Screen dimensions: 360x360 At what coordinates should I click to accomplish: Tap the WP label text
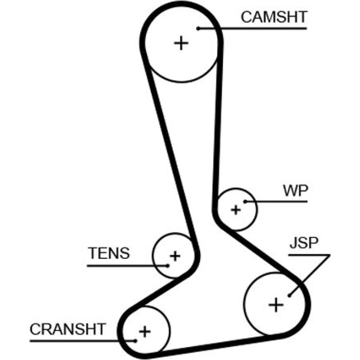click(295, 191)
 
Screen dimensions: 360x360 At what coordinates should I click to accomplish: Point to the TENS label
click(109, 253)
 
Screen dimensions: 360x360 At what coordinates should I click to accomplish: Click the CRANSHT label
click(68, 329)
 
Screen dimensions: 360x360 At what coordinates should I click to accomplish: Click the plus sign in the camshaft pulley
click(181, 44)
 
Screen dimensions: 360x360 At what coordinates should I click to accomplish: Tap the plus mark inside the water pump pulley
click(236, 210)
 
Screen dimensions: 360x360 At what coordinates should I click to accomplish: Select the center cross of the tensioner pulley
click(175, 256)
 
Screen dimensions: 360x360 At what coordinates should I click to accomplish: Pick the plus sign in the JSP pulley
click(276, 305)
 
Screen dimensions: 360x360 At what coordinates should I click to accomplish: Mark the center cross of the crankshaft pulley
click(144, 331)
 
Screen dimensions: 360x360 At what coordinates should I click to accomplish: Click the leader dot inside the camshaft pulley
click(198, 28)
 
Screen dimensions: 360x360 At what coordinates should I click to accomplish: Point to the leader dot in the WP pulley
click(245, 202)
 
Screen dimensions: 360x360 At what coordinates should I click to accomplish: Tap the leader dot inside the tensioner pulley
click(168, 266)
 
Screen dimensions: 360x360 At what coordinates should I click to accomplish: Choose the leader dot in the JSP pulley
click(290, 296)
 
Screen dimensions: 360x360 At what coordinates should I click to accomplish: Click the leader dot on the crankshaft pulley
click(135, 341)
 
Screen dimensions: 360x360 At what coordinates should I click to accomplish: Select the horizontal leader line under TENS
click(126, 266)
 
